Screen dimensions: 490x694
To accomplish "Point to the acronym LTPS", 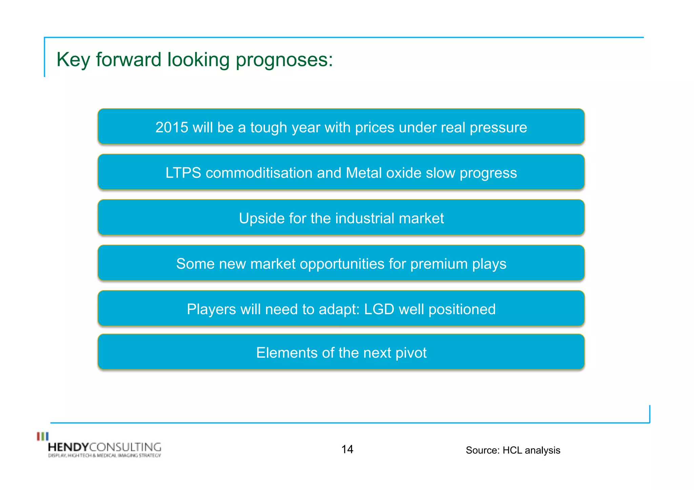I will coord(183,173).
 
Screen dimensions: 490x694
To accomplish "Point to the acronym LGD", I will coord(379,309).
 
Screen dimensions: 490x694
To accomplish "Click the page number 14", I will coord(347,449).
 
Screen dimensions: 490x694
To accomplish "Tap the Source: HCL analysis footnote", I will coord(513,450).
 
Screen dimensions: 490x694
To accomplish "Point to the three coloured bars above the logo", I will coord(43,436).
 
